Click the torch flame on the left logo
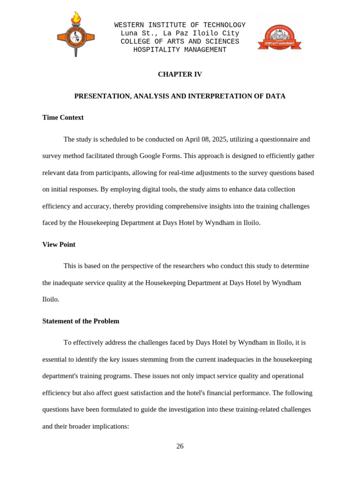pyautogui.click(x=76, y=18)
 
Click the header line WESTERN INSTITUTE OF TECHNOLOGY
pyautogui.click(x=180, y=25)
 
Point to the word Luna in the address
pyautogui.click(x=129, y=34)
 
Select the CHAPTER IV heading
pyautogui.click(x=180, y=75)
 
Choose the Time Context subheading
pyautogui.click(x=63, y=118)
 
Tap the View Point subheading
pyautogui.click(x=59, y=245)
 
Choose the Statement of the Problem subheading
pyautogui.click(x=81, y=321)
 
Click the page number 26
pyautogui.click(x=180, y=446)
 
